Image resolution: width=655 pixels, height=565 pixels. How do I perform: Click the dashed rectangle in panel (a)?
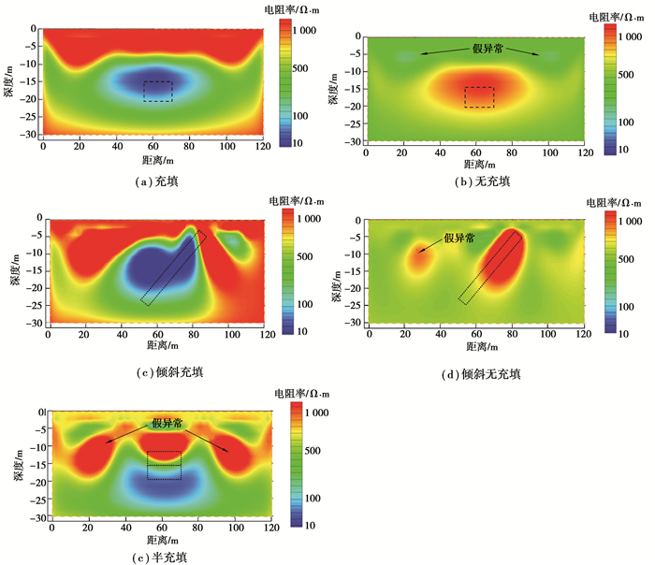(x=157, y=91)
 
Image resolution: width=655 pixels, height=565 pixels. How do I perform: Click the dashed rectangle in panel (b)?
(x=479, y=97)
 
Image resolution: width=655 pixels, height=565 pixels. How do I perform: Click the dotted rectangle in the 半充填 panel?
(x=164, y=466)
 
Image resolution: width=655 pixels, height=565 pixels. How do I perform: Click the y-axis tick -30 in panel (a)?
(x=27, y=135)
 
